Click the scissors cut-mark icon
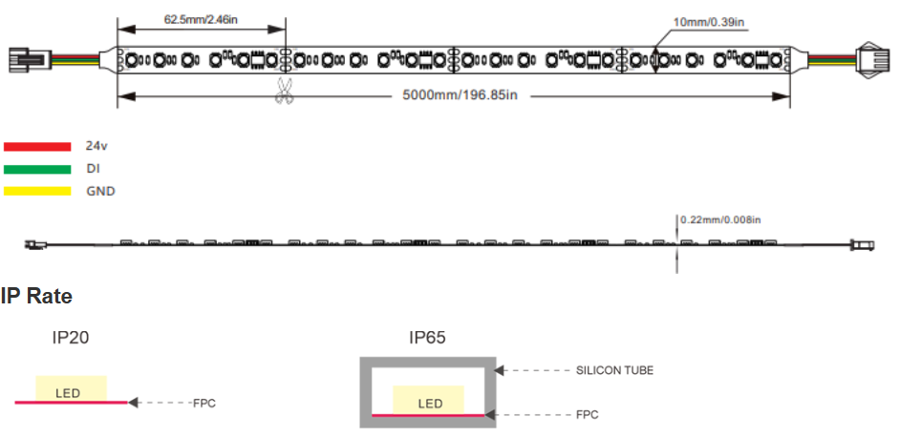[285, 91]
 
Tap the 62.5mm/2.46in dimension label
[201, 19]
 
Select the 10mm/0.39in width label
[709, 22]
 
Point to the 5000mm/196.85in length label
[460, 95]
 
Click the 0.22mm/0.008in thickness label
[720, 220]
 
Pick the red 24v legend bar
[37, 147]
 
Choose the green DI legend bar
[37, 170]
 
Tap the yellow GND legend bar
[37, 191]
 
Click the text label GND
[100, 191]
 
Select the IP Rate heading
[36, 296]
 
